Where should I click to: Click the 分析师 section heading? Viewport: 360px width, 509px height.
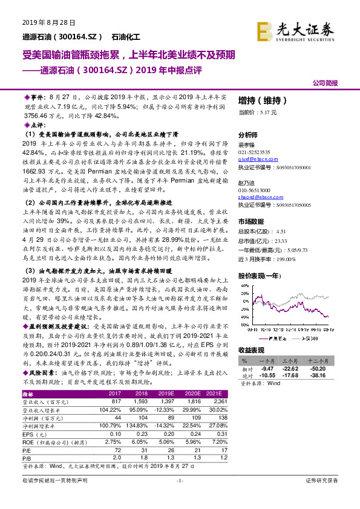point(248,136)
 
